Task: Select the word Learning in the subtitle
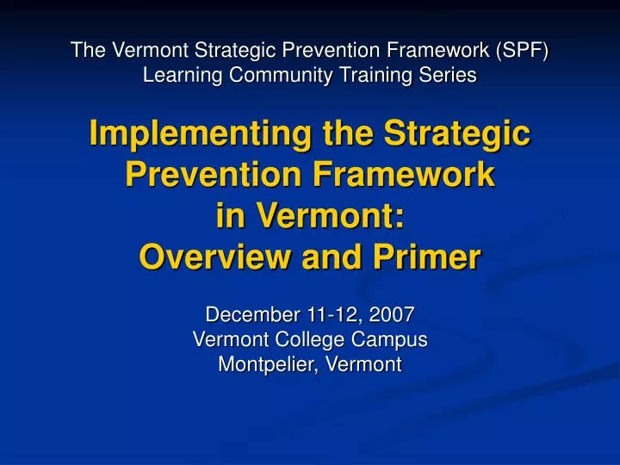pyautogui.click(x=177, y=76)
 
